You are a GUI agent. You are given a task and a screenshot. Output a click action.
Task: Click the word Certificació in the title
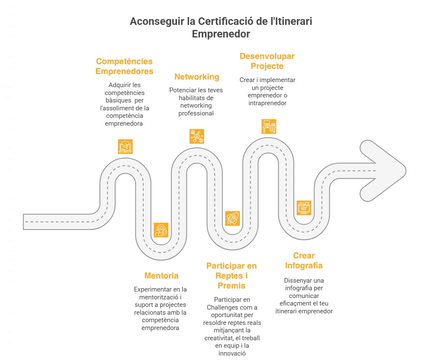pos(226,21)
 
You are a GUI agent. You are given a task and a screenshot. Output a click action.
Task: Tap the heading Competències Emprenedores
pos(125,66)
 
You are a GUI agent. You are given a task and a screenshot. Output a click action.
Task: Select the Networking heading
pos(197,77)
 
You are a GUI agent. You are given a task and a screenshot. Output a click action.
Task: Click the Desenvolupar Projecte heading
pos(267,61)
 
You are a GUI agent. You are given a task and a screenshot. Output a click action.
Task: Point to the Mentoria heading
pos(161,276)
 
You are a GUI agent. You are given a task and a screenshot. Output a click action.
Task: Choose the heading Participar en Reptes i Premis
pos(231,276)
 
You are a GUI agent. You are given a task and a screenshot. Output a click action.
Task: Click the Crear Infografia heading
pos(304,261)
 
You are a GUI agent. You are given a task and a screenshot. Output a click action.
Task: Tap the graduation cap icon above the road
pos(125,146)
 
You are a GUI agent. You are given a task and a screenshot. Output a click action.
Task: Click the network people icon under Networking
pos(197,136)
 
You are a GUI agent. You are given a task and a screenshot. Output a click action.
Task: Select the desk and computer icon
pos(269,126)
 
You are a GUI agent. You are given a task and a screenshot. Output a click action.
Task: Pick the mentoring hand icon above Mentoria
pos(161,230)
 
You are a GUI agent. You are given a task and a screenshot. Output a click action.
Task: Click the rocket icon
pos(232,218)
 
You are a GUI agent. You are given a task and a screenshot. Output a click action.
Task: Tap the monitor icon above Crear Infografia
pos(304,207)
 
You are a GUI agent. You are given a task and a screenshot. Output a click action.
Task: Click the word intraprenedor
pos(267,103)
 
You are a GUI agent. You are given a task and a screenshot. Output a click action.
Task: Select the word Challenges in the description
pos(222,308)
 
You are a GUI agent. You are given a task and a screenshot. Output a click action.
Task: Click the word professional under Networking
pos(196,113)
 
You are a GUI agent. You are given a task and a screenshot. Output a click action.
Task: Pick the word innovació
pos(232,353)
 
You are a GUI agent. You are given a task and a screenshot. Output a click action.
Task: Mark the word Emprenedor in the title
pos(221,34)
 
